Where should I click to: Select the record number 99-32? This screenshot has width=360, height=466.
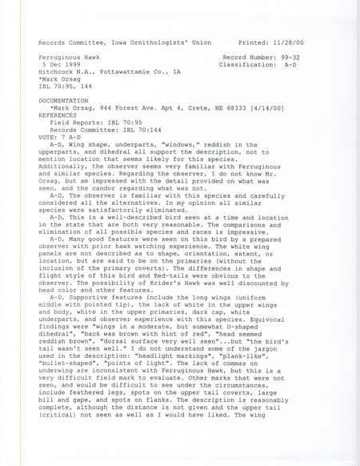click(x=311, y=59)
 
